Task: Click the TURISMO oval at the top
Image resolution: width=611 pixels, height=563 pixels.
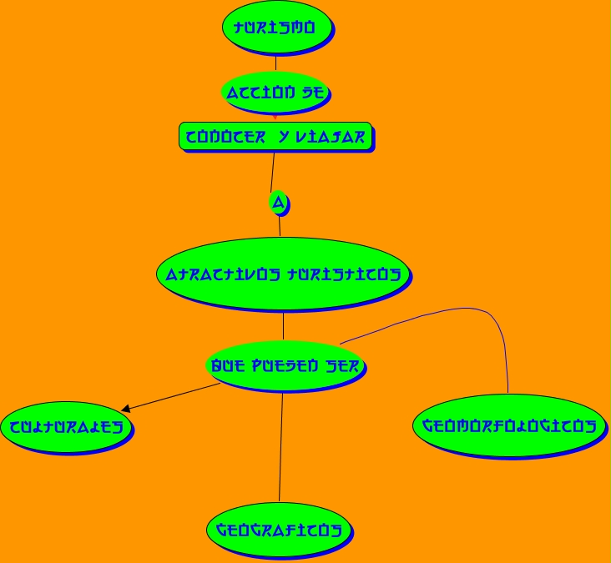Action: (x=276, y=27)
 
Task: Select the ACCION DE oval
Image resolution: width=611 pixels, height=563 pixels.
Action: (x=275, y=92)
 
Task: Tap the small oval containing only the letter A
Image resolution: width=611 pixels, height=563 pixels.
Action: (x=279, y=202)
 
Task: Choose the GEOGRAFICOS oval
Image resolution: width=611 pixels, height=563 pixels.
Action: (x=280, y=530)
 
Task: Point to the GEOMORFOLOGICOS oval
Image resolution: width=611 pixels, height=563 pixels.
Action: (x=508, y=425)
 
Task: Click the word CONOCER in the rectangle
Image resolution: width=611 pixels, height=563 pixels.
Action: (x=225, y=138)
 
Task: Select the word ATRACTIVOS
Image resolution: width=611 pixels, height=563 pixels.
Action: (x=220, y=274)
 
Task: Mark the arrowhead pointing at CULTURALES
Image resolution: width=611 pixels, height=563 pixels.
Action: (x=125, y=409)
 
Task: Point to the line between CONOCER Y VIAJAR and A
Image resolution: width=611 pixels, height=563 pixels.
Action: (x=272, y=172)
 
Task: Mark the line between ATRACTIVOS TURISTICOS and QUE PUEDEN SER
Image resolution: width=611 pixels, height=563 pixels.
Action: (x=283, y=326)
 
